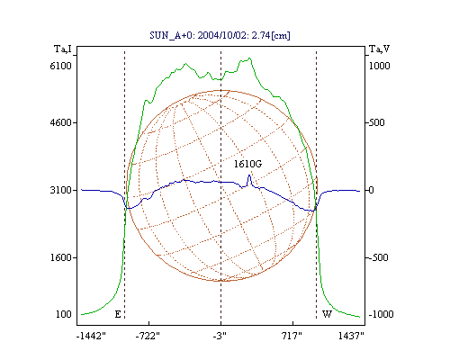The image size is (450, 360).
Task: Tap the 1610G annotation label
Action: coord(247,164)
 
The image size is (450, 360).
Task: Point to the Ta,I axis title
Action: coord(63,49)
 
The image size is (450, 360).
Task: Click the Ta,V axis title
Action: coord(379,49)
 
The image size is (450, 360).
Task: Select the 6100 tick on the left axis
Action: coord(61,66)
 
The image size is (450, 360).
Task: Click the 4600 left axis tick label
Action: coord(61,122)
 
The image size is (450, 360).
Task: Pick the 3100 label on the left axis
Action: coord(61,190)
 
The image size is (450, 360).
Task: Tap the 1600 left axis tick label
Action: coord(61,257)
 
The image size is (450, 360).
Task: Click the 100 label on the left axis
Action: coord(64,314)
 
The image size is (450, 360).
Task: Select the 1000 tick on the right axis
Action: coord(379,66)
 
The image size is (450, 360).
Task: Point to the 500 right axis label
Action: coord(376,122)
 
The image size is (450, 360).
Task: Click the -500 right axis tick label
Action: coord(378,257)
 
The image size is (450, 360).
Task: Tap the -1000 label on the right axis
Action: coord(381,314)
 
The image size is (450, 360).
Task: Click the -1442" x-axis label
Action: coord(92,336)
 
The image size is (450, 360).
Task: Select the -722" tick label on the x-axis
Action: coord(148,336)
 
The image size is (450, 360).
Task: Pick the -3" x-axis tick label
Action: coord(220,336)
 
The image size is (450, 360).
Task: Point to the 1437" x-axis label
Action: coord(351,336)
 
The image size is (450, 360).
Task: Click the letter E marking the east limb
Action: coord(118,314)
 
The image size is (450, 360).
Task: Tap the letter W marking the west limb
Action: coord(327,314)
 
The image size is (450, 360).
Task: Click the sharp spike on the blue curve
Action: coord(249,175)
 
